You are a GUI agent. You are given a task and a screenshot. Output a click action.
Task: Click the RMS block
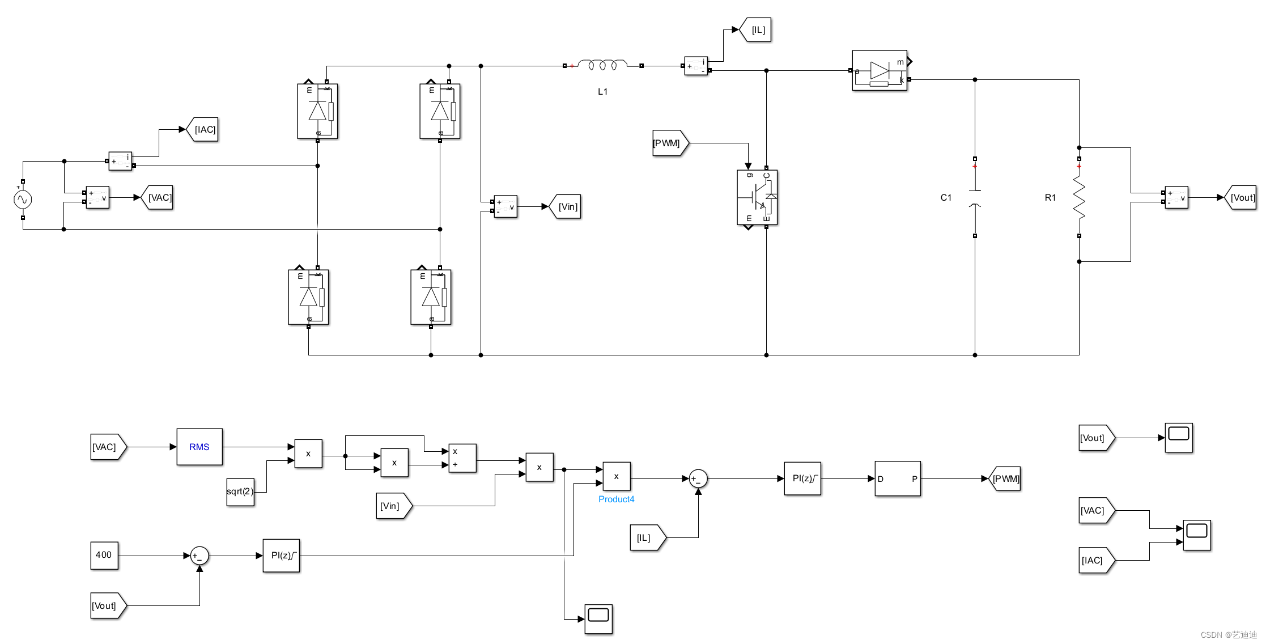click(x=199, y=447)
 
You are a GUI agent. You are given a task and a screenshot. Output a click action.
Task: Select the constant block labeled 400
click(x=104, y=555)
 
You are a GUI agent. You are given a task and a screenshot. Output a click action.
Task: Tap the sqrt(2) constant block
click(x=240, y=492)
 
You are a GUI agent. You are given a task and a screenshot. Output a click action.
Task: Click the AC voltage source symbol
click(x=23, y=200)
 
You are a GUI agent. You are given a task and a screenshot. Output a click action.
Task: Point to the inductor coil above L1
click(x=603, y=65)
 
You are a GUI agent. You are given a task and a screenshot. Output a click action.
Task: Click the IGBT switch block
click(x=757, y=197)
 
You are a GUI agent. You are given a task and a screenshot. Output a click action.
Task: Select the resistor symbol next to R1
click(x=1079, y=198)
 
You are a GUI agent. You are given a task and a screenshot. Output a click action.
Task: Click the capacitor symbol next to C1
click(x=975, y=198)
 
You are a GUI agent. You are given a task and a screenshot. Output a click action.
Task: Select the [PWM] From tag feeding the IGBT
click(x=669, y=143)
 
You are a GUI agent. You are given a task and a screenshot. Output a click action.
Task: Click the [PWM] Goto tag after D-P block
click(x=1005, y=478)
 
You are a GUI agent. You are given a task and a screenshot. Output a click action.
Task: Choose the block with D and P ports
click(x=898, y=478)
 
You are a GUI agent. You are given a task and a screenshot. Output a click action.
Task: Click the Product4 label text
click(x=617, y=499)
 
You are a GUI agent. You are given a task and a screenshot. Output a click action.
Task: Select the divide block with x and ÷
click(x=462, y=458)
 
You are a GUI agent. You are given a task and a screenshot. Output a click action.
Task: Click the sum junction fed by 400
click(x=199, y=556)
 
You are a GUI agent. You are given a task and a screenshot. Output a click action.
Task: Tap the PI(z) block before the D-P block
click(x=802, y=478)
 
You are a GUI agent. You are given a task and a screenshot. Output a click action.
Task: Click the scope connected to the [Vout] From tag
click(x=1179, y=437)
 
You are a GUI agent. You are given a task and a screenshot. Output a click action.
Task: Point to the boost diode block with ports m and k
click(x=880, y=70)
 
